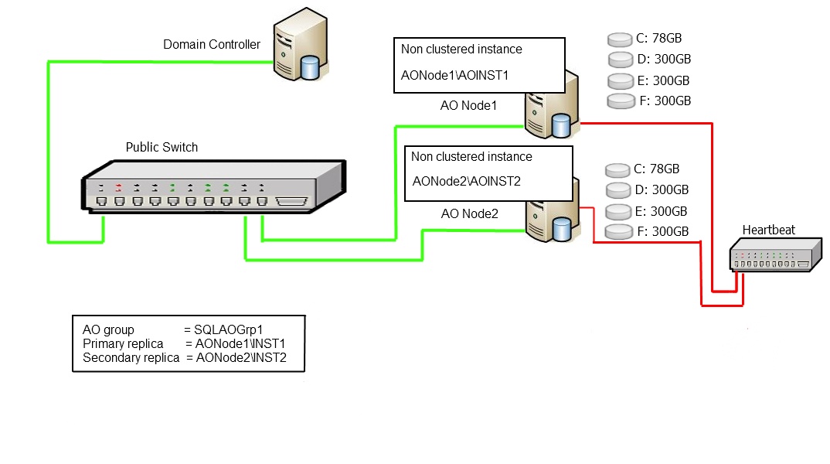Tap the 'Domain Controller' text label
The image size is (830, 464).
pyautogui.click(x=212, y=45)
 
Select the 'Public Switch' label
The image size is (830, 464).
pyautogui.click(x=162, y=147)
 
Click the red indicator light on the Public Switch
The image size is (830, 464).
pyautogui.click(x=119, y=186)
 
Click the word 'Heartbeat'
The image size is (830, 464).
pyautogui.click(x=768, y=230)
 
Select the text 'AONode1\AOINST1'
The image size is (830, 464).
pyautogui.click(x=454, y=76)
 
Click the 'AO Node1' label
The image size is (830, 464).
pyautogui.click(x=463, y=105)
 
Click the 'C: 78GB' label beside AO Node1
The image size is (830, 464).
pyautogui.click(x=658, y=37)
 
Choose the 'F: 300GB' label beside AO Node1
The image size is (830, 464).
pyautogui.click(x=661, y=101)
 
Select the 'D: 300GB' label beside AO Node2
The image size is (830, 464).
pyautogui.click(x=660, y=189)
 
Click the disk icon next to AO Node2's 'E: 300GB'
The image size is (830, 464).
pyautogui.click(x=617, y=211)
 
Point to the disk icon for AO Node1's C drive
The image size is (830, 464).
pyautogui.click(x=619, y=39)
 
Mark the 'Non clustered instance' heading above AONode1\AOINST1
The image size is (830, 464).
pyautogui.click(x=461, y=49)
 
